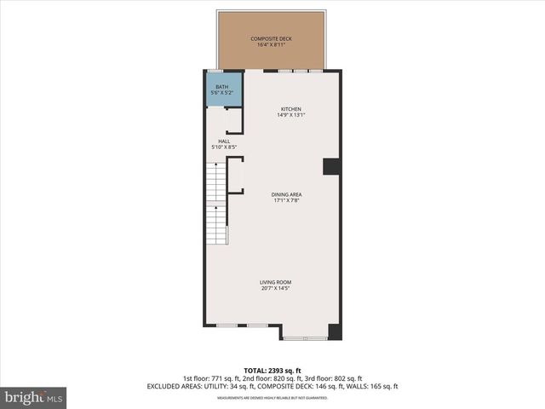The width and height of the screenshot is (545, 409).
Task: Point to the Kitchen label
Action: (291, 108)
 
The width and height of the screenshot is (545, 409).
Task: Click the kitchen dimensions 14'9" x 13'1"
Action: (291, 115)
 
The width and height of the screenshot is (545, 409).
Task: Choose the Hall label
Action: (224, 141)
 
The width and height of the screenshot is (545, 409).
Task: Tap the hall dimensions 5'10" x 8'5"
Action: (224, 147)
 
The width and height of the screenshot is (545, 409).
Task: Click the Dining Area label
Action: (287, 194)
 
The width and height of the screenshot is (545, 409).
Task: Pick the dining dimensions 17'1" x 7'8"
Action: (287, 201)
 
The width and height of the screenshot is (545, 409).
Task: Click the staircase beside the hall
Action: (219, 204)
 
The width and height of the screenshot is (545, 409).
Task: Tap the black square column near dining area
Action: (331, 166)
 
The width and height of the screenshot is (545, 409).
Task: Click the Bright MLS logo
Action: (33, 397)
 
